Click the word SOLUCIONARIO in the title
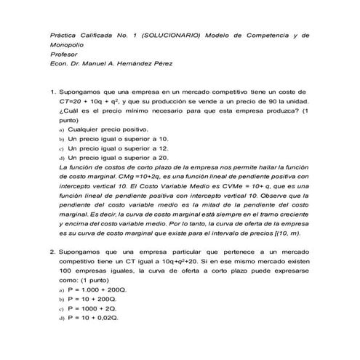click(x=172, y=34)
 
